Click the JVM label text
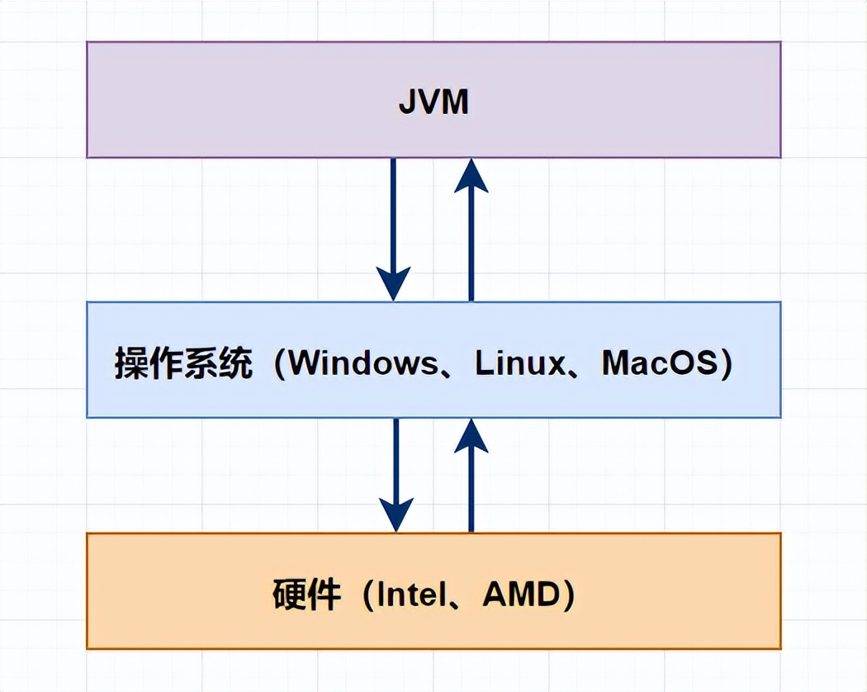433,102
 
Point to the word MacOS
659,363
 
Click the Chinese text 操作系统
183,364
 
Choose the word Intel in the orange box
413,595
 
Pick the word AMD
519,595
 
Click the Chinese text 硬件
306,595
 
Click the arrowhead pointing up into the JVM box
471,175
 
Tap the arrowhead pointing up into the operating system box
471,435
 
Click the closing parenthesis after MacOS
726,364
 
